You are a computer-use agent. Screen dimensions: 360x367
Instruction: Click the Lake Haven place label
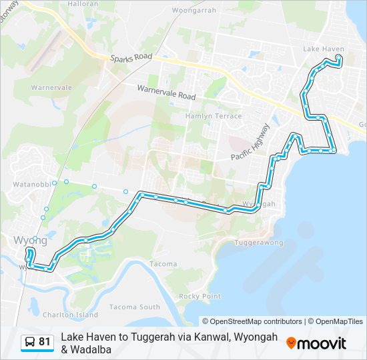323,49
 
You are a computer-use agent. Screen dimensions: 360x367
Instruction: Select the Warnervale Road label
166,91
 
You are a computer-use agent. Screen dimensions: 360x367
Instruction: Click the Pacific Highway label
251,142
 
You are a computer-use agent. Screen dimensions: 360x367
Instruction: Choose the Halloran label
83,4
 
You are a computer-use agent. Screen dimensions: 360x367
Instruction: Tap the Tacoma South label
139,307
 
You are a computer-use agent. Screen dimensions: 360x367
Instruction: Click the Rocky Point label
200,296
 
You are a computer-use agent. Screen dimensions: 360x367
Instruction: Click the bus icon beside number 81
30,342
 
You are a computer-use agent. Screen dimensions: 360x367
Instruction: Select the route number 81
45,342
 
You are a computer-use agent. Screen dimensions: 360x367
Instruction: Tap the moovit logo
316,343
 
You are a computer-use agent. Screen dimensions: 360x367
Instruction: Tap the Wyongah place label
259,204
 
